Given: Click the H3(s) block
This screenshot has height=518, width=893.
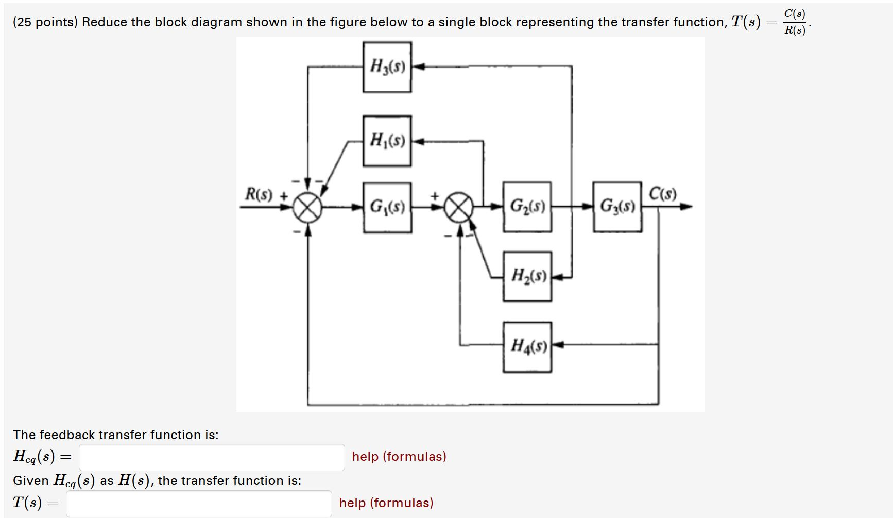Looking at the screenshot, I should (387, 67).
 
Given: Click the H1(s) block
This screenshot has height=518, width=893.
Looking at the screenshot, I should (387, 141).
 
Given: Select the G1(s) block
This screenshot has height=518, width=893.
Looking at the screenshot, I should (387, 207).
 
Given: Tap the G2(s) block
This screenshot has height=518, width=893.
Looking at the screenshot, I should (527, 207).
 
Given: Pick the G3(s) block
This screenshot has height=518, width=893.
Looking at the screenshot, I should (617, 207).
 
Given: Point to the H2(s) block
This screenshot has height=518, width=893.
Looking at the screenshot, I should (527, 276).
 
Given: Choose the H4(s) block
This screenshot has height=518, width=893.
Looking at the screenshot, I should (527, 346).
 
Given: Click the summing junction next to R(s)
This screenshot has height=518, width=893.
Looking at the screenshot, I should (307, 208).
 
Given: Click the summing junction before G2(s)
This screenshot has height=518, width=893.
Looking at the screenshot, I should (459, 207).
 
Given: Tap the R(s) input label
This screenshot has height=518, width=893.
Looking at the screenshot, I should (259, 195).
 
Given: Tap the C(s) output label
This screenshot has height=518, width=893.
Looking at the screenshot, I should (662, 194).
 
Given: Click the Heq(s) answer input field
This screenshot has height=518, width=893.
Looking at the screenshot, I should (212, 457).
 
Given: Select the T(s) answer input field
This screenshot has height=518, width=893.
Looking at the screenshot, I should (199, 504).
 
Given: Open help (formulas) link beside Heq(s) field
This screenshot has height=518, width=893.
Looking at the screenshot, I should (399, 457).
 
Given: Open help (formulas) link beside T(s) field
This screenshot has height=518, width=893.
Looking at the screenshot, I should (386, 503).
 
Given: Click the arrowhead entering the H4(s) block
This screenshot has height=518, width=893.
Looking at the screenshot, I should (558, 344).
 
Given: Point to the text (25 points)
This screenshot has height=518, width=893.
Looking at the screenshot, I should (45, 22).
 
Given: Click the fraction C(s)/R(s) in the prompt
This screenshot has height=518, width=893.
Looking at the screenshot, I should (795, 22).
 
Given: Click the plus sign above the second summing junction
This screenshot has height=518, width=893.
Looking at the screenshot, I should (435, 196).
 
